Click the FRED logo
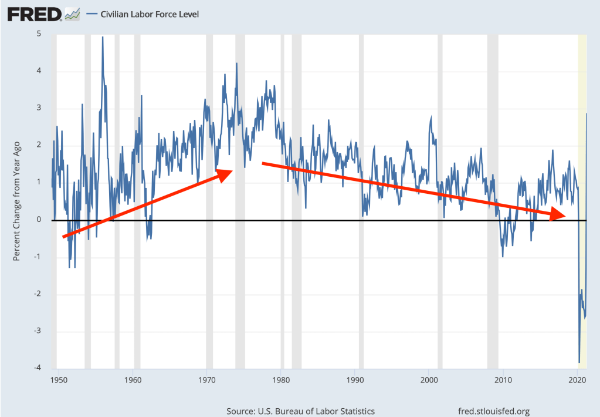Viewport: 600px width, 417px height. click(34, 13)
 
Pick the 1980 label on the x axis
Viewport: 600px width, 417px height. click(282, 380)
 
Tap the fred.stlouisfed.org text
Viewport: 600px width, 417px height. click(493, 412)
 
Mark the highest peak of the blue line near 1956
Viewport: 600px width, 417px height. click(103, 38)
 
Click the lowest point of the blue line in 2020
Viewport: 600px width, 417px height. click(579, 362)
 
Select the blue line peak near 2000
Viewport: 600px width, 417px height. click(431, 117)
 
